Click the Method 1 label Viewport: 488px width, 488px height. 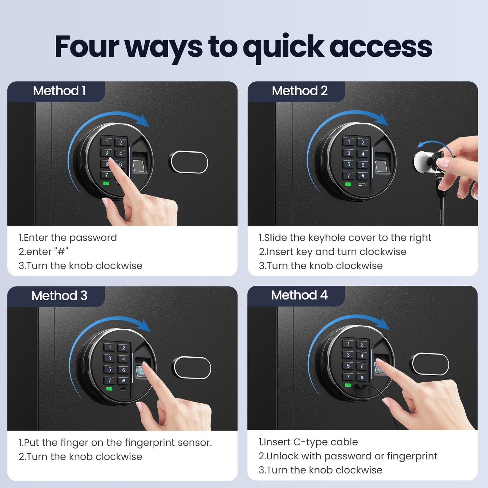59,91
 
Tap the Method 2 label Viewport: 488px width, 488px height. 300,91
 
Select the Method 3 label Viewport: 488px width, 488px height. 59,296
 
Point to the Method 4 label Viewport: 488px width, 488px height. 299,295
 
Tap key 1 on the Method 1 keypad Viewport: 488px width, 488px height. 107,142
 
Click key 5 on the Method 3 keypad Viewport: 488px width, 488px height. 110,369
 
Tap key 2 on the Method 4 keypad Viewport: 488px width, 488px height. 362,345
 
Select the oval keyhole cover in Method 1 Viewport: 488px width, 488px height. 188,162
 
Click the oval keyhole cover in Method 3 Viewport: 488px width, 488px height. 191,368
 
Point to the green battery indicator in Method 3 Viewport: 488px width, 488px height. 109,389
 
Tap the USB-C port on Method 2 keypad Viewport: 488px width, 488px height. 362,185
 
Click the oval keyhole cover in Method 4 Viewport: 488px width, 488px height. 430,364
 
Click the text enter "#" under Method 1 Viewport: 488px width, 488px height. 43,252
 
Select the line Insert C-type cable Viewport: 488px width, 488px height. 308,442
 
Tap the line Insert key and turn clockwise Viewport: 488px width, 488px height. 333,252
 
